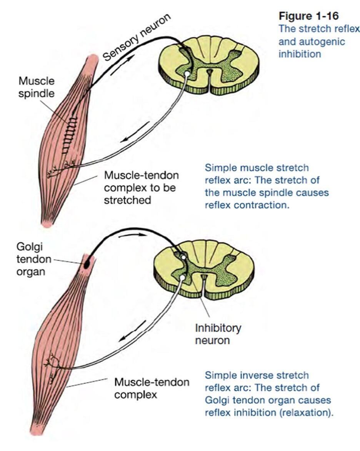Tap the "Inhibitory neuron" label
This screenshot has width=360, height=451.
218,334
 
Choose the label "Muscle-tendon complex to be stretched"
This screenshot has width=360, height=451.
141,188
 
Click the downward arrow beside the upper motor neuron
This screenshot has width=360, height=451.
129,137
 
